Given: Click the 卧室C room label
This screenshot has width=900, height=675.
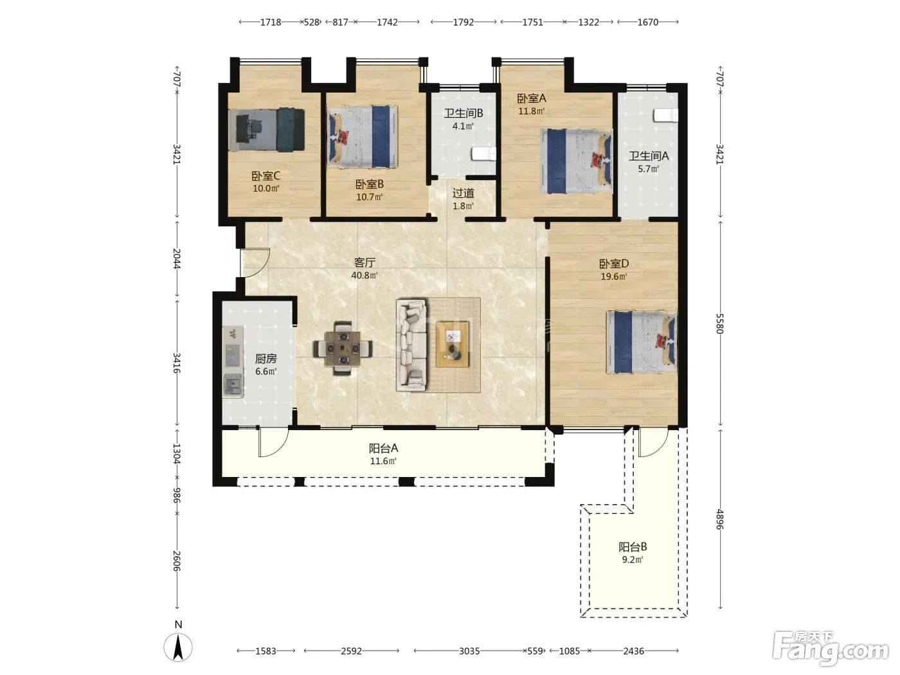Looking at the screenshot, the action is coord(265,175).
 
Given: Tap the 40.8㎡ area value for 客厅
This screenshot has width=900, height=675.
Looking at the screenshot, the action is coord(364,275).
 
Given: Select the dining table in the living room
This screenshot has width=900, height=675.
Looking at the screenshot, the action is coord(343,348).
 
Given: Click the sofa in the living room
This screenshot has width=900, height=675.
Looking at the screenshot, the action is coord(411,345).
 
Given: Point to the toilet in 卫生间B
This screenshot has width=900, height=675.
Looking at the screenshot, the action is coord(483,154).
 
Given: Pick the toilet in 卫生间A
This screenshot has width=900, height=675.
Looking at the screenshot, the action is coord(665,115).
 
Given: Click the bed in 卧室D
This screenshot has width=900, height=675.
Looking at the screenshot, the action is coord(642,342).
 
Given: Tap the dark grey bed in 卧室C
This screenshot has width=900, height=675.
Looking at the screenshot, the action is coord(267,130).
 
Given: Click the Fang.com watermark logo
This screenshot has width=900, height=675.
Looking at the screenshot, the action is coord(830,649).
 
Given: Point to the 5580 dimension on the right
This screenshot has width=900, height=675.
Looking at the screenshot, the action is coord(720,324).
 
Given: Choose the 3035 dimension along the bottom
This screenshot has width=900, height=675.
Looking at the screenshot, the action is coord(469,651).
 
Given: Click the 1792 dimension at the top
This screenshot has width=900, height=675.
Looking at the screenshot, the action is coord(464,22).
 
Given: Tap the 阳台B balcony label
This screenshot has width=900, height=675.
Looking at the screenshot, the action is coord(633,546).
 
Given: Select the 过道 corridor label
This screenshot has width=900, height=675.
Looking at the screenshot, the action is coord(464,193).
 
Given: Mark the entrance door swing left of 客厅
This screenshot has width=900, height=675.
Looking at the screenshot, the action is coord(255,263).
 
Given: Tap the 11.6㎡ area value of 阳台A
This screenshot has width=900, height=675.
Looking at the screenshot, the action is coord(383,461).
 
